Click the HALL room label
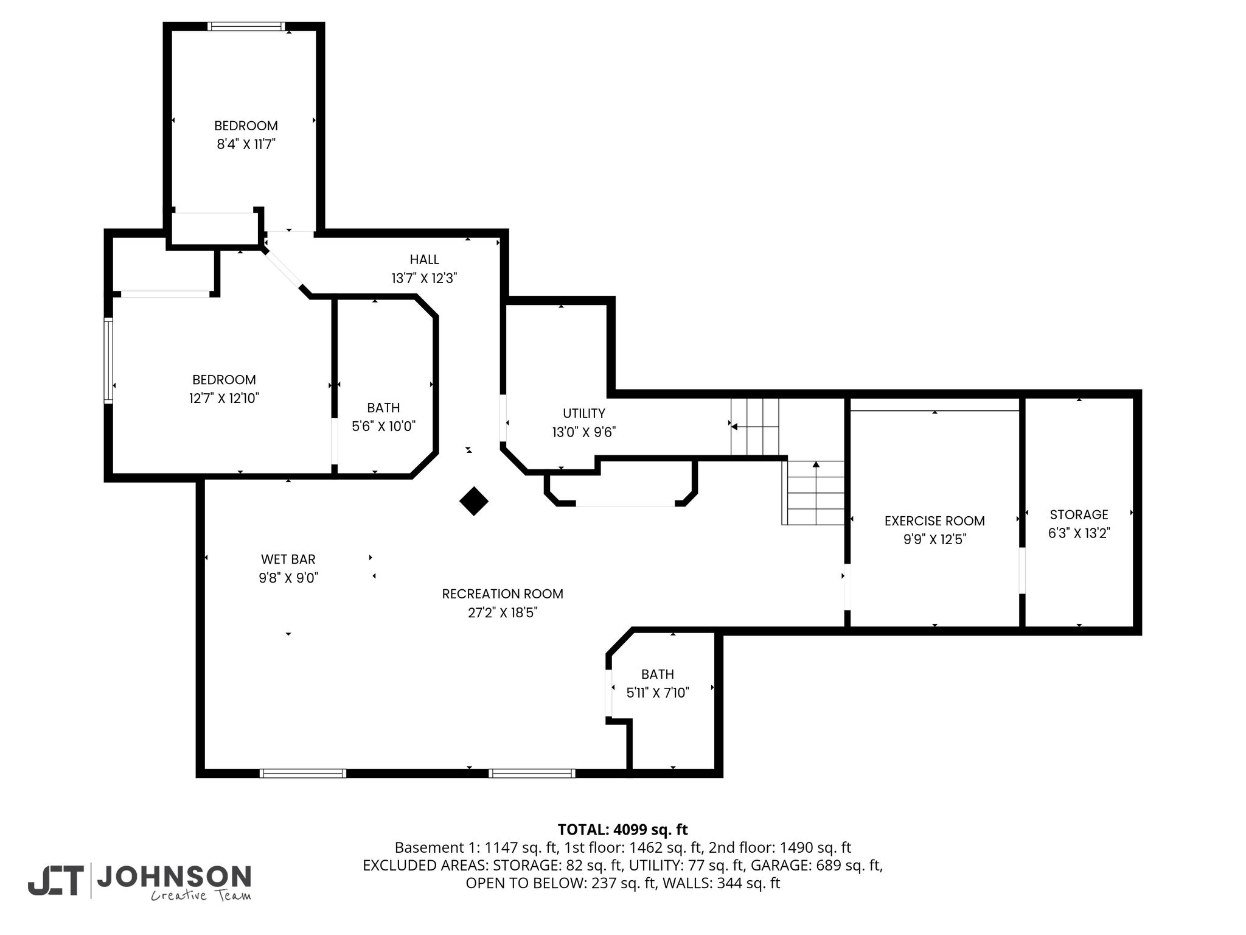424,260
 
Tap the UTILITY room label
584,414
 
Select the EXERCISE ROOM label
934,521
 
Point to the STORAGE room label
1079,514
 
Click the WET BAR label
288,559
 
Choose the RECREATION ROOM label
503,594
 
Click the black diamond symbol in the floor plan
474,501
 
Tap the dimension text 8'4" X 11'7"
246,144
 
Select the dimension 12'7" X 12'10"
224,398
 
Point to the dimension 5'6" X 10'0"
383,426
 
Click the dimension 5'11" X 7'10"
658,692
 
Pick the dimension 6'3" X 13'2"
1079,533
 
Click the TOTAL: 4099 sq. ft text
622,829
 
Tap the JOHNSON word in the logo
174,877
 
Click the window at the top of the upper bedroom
246,26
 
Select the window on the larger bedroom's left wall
108,360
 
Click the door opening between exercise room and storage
1022,570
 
